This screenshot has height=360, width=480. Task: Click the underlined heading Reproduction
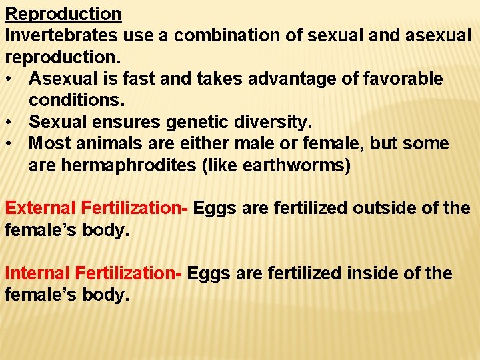63,14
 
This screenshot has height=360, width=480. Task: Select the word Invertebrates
62,35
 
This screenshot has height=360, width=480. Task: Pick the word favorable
403,79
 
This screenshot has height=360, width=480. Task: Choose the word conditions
73,101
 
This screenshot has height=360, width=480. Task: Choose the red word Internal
37,273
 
